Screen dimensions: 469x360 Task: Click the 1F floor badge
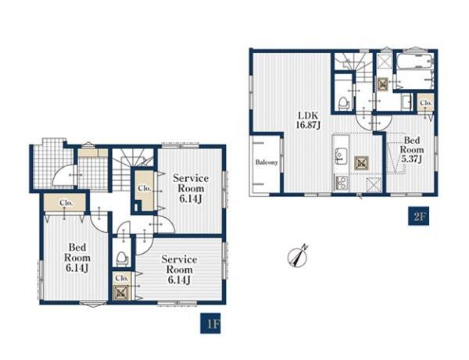(210, 323)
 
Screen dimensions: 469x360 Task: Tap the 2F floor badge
(419, 216)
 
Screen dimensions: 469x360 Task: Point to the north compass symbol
(297, 256)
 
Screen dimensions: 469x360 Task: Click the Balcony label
(267, 162)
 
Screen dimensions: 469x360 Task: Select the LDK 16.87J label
(308, 120)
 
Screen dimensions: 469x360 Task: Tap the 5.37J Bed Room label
(412, 150)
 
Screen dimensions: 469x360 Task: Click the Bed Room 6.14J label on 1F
(77, 258)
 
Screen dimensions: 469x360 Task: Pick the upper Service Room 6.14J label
(191, 188)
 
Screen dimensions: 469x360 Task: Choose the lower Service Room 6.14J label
(179, 269)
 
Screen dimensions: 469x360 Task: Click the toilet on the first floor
(122, 258)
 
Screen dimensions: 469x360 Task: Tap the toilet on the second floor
(343, 103)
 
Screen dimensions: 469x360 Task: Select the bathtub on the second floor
(414, 71)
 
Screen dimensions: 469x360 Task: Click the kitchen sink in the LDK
(340, 156)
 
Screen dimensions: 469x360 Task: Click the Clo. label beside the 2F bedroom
(426, 103)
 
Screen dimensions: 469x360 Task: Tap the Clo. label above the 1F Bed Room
(66, 203)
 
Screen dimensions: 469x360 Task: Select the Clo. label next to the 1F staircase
(145, 188)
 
